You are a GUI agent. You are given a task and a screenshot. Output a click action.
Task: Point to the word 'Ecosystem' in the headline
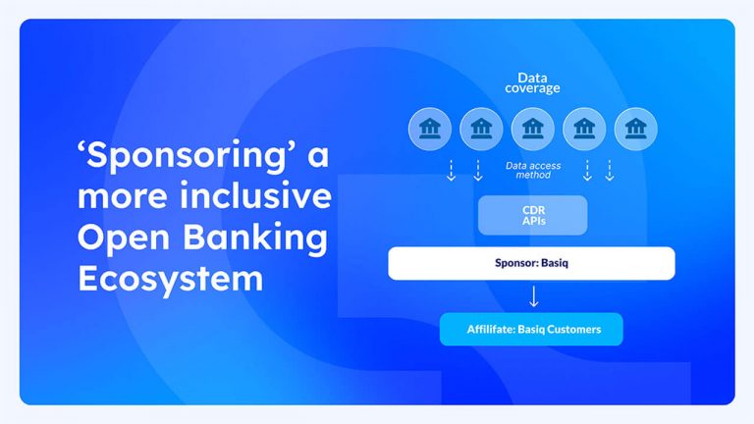(x=170, y=278)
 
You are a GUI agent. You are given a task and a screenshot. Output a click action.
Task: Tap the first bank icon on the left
(x=429, y=129)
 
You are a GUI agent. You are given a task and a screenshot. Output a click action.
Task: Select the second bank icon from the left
(x=481, y=129)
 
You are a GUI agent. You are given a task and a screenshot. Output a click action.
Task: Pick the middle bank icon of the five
(x=532, y=129)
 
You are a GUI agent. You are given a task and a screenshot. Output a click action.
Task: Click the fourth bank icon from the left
(x=584, y=129)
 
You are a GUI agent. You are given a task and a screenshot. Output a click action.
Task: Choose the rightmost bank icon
(x=635, y=129)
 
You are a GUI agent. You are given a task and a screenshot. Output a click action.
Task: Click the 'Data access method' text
(x=533, y=171)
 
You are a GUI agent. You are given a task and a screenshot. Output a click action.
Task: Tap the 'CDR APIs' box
(x=532, y=215)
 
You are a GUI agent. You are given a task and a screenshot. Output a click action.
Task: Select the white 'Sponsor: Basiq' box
(x=531, y=263)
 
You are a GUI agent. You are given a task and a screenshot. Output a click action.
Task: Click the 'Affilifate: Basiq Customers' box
(x=532, y=329)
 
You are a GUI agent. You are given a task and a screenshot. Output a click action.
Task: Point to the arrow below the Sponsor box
(x=533, y=296)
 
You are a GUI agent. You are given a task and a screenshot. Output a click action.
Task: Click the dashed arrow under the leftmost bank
(x=451, y=171)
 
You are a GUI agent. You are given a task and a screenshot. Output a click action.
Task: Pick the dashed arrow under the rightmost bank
(x=610, y=171)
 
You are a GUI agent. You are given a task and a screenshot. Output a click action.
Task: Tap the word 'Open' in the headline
(x=120, y=238)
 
